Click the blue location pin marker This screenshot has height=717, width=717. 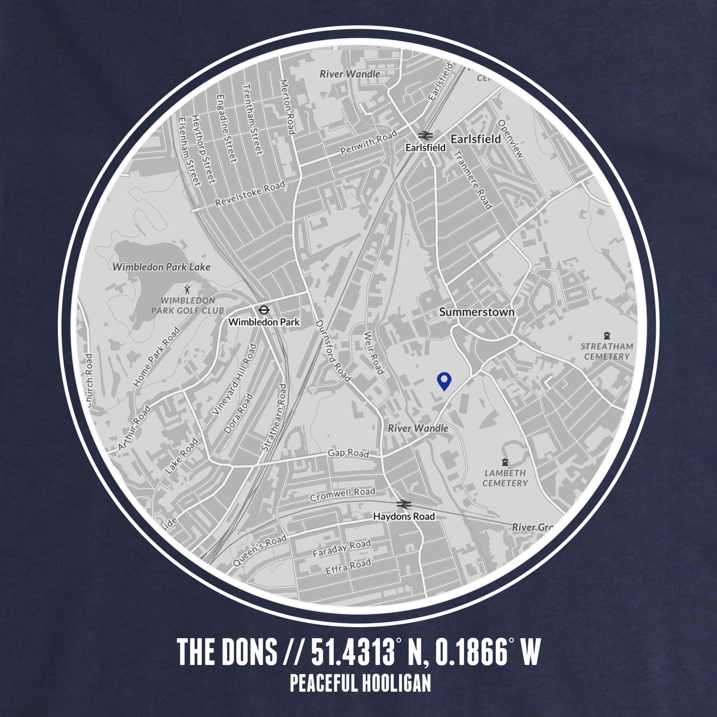tap(445, 381)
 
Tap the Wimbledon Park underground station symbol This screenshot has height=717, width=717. tap(263, 310)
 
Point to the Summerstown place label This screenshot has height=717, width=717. tap(477, 312)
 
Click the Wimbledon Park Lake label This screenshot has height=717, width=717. tap(161, 267)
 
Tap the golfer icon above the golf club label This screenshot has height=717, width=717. tap(187, 289)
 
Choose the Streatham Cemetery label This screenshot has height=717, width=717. tap(607, 351)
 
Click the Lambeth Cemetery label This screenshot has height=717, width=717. tap(505, 478)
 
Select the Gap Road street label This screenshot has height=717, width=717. tap(348, 453)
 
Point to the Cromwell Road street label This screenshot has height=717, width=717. tap(342, 495)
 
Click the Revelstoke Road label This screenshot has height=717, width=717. tap(250, 194)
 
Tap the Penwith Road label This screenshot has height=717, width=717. tap(368, 142)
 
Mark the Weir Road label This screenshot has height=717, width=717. tap(373, 353)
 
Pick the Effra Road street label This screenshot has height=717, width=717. tap(348, 567)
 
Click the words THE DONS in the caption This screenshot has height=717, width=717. tap(227, 652)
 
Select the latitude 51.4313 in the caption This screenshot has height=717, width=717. tap(353, 652)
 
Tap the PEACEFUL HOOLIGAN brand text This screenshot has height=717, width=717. tap(360, 683)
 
